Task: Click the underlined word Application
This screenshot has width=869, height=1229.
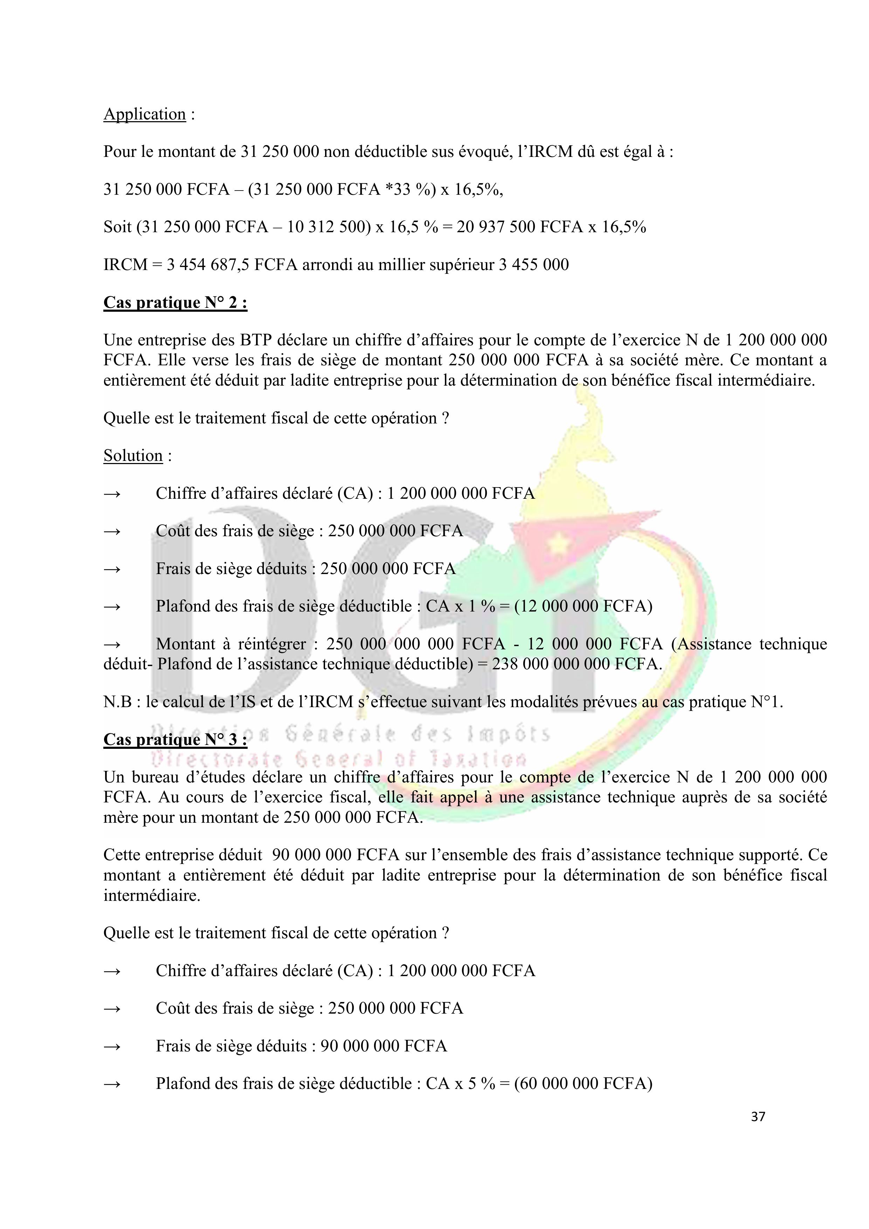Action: pos(145,114)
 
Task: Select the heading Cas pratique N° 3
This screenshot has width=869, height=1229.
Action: pos(175,739)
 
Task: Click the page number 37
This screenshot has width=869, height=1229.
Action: pos(758,1116)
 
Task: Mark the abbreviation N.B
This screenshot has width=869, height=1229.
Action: pos(117,702)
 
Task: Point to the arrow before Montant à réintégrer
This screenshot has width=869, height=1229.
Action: pos(112,644)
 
